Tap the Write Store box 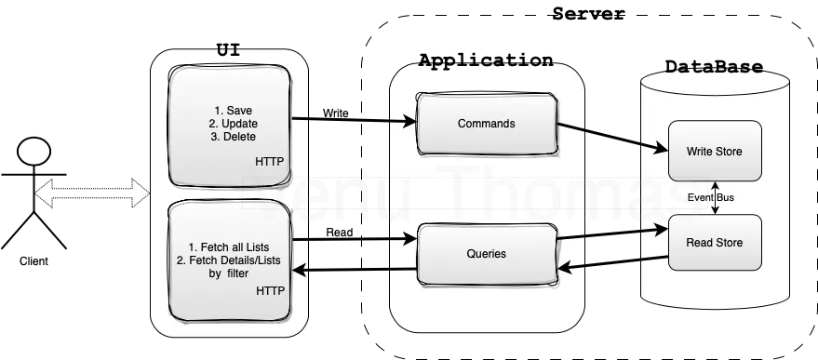714,151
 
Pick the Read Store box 714,243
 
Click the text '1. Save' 233,111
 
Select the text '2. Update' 233,124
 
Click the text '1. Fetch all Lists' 229,247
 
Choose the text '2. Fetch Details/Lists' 229,260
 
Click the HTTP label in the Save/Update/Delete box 270,162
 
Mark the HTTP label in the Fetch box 270,291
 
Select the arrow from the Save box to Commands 354,121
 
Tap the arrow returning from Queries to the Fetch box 354,271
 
